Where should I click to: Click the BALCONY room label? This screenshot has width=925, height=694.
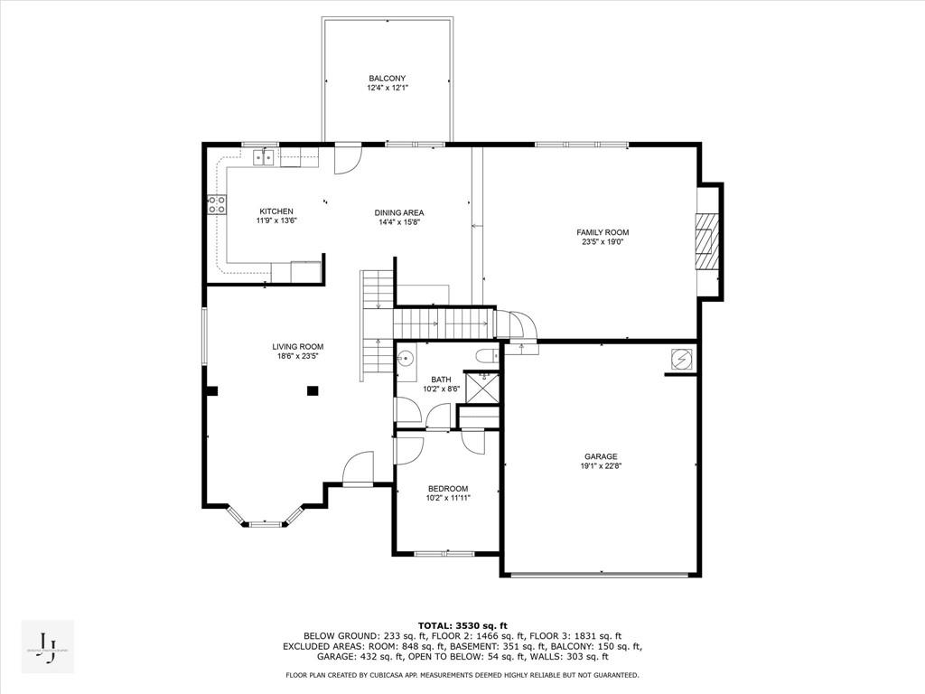(388, 78)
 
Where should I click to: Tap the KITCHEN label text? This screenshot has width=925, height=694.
(276, 211)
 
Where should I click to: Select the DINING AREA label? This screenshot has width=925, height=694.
(399, 212)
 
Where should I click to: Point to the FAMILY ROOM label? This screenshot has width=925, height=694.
(603, 232)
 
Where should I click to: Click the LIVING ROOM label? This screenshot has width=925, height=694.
(298, 346)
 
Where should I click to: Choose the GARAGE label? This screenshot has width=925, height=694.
(601, 456)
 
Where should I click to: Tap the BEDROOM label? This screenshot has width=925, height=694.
(448, 488)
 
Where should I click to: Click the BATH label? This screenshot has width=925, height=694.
(441, 380)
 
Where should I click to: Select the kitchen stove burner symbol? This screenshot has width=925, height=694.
(217, 205)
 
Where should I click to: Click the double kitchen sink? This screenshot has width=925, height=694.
(265, 159)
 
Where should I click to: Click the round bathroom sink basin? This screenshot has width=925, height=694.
(406, 357)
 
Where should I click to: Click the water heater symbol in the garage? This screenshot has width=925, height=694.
(680, 360)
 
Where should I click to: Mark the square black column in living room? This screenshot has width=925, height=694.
(313, 390)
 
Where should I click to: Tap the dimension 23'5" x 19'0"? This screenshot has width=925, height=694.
(603, 242)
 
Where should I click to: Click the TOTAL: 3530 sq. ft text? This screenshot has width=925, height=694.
(462, 625)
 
